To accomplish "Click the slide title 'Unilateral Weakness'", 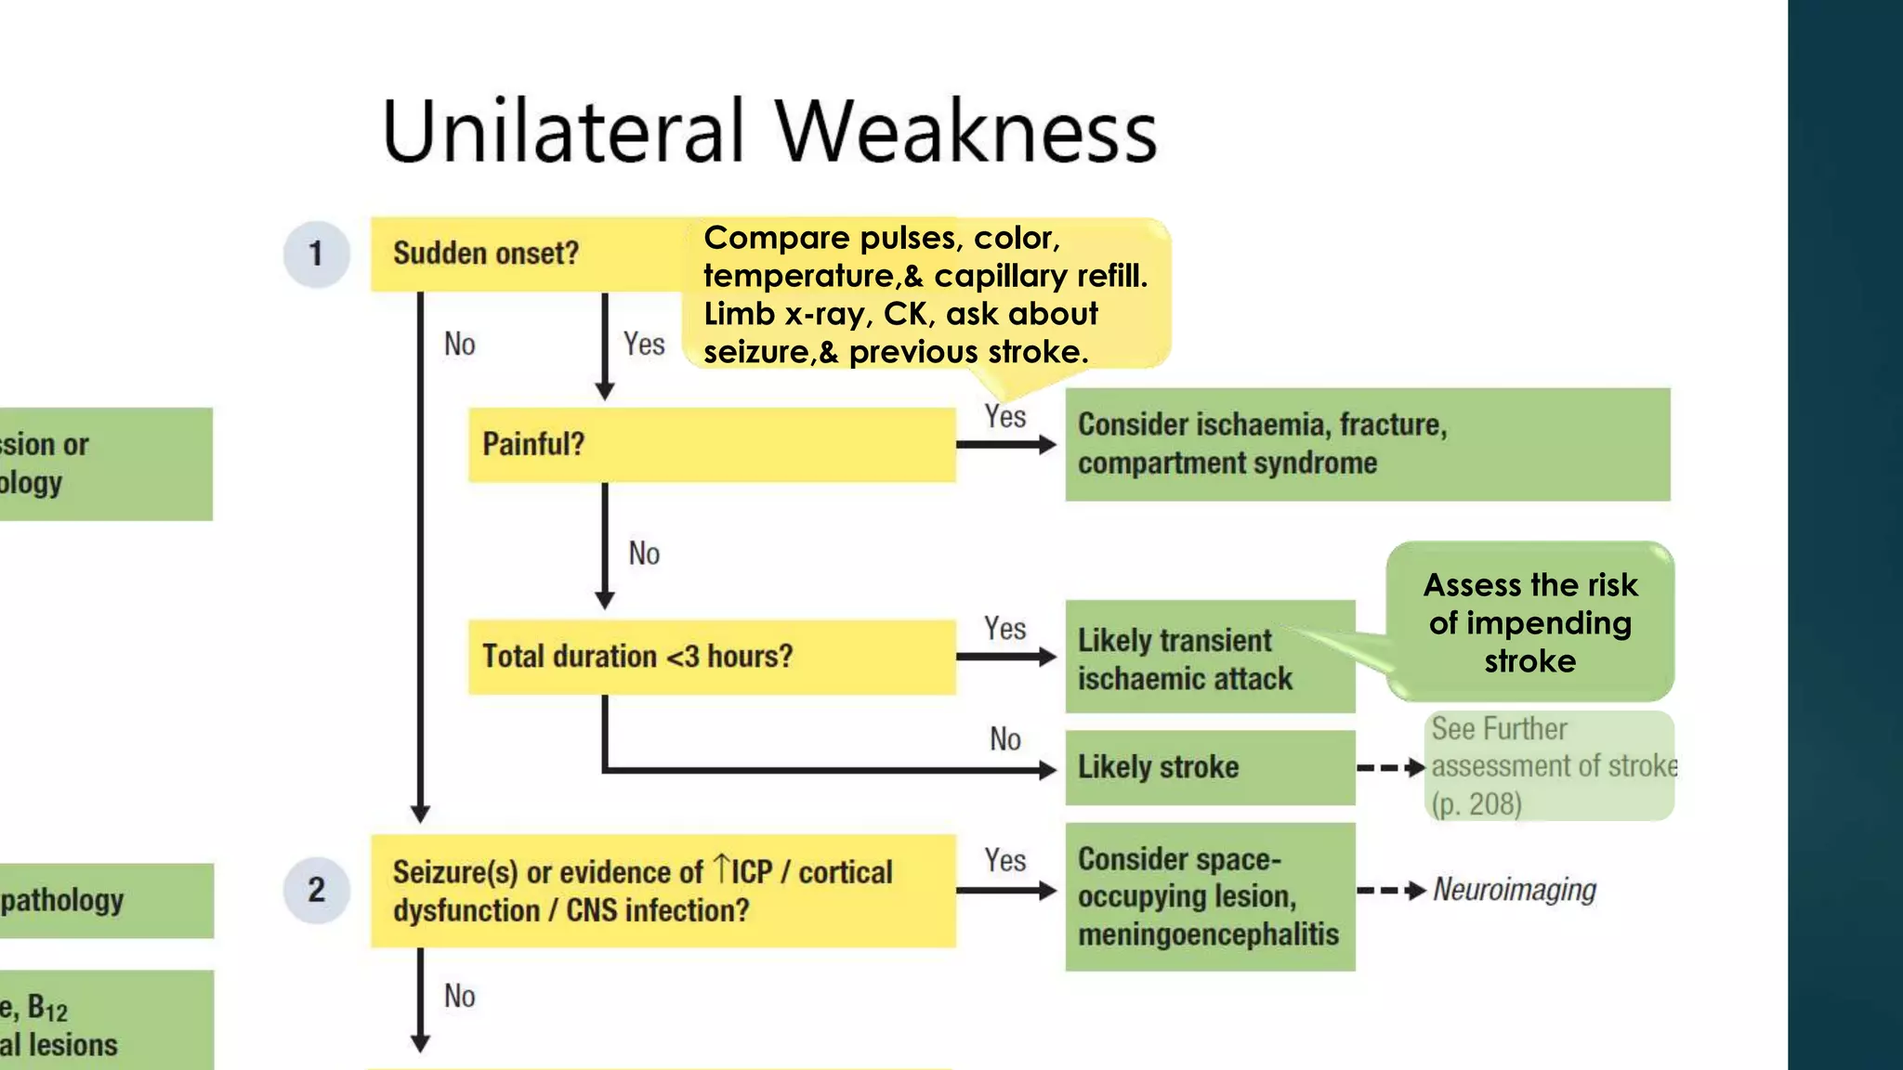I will (x=769, y=131).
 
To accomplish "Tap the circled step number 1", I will (x=316, y=254).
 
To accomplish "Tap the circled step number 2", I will (x=316, y=890).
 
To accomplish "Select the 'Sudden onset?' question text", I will (x=486, y=253).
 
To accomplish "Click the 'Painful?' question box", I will (x=711, y=445).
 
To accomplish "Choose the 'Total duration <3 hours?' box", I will (x=711, y=657).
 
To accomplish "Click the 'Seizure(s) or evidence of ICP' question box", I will (x=663, y=891).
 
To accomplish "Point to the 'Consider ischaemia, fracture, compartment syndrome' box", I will (x=1367, y=445).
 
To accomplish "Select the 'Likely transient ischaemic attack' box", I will (x=1208, y=658).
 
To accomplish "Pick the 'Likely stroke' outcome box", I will (x=1209, y=767).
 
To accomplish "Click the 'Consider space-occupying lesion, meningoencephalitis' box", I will (x=1209, y=896).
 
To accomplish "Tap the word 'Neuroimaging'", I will (x=1515, y=890).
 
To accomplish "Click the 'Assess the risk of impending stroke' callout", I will (x=1530, y=622).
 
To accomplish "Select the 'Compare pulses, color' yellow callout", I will (x=925, y=294).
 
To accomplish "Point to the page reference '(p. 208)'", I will (x=1476, y=803).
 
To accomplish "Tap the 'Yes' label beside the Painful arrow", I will (x=1005, y=416).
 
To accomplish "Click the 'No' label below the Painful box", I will (x=644, y=554).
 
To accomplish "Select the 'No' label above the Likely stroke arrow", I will (x=1005, y=739).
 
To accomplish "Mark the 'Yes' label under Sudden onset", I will (x=644, y=345).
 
